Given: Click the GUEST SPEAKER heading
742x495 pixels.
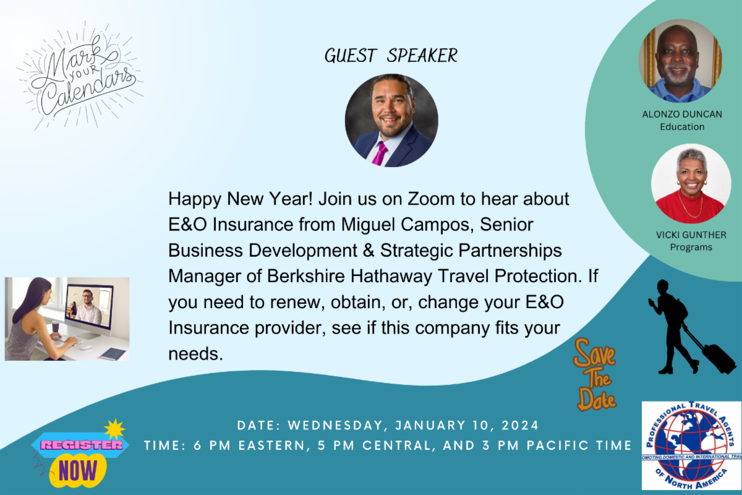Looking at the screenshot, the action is pyautogui.click(x=391, y=55).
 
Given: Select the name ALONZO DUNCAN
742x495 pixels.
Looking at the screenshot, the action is pyautogui.click(x=682, y=114).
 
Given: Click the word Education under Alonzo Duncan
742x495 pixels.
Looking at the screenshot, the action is pyautogui.click(x=682, y=127).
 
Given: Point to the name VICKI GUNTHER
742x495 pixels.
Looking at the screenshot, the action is pyautogui.click(x=691, y=235).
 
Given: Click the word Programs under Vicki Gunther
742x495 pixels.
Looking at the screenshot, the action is pyautogui.click(x=691, y=247).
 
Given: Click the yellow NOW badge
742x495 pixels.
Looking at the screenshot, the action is pyautogui.click(x=78, y=470).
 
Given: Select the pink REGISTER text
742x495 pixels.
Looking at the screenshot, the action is pyautogui.click(x=82, y=445).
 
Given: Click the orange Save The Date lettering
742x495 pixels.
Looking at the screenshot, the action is pyautogui.click(x=595, y=375).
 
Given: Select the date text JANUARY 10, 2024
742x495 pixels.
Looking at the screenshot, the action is pyautogui.click(x=467, y=426).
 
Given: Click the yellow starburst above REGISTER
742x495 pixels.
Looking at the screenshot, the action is pyautogui.click(x=114, y=429).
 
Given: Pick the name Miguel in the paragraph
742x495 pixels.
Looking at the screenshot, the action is pyautogui.click(x=368, y=225).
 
